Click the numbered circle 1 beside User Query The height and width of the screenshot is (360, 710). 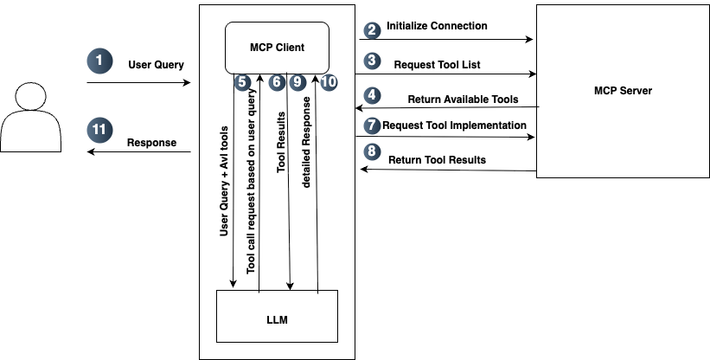(x=100, y=61)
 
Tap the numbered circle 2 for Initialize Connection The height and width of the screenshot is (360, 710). (x=372, y=29)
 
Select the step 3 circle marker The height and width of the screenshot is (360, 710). (x=372, y=61)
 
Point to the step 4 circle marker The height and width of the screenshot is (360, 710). (x=372, y=94)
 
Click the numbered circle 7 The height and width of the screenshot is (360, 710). (x=372, y=125)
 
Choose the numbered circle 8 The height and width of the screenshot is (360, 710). (x=372, y=152)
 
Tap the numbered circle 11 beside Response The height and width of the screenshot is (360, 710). (x=100, y=131)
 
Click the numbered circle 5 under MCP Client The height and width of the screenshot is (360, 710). (x=243, y=83)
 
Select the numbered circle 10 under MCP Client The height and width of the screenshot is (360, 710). (x=328, y=83)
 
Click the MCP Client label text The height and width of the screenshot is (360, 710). (x=277, y=47)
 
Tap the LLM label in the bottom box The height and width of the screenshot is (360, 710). (x=277, y=320)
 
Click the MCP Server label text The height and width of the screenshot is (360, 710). (x=623, y=90)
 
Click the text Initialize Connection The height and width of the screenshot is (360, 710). (x=437, y=26)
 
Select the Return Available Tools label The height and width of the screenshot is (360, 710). (x=463, y=100)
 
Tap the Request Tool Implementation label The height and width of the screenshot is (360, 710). (x=454, y=125)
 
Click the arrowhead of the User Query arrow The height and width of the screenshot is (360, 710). (x=186, y=83)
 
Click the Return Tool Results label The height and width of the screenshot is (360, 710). (x=437, y=159)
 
